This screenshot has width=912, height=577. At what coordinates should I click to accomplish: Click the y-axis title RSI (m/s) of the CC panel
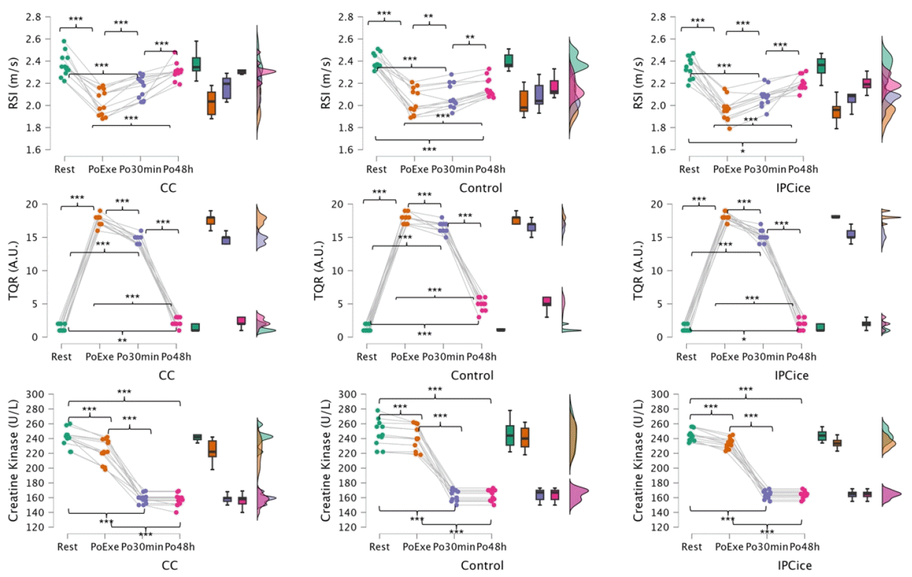[x=13, y=83]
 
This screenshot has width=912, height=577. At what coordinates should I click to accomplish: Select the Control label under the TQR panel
[x=472, y=375]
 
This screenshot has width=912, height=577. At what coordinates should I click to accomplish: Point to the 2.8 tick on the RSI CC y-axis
[x=33, y=17]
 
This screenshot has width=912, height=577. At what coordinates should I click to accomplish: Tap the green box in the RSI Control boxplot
[x=508, y=61]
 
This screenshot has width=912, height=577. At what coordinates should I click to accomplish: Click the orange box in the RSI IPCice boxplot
[x=836, y=112]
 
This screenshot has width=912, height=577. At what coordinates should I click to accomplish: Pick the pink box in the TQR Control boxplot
[x=547, y=301]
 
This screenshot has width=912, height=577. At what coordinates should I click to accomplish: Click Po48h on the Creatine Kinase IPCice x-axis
[x=804, y=547]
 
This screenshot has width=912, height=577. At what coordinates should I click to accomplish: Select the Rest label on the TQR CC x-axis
[x=61, y=357]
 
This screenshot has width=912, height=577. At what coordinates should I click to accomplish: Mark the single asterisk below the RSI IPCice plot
[x=742, y=151]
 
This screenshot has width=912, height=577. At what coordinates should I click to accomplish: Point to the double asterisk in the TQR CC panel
[x=122, y=340]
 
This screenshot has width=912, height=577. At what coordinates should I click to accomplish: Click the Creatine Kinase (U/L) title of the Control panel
[x=325, y=461]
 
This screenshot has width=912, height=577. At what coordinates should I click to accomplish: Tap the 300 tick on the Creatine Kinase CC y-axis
[x=34, y=394]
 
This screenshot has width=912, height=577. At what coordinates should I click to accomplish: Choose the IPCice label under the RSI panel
[x=793, y=188]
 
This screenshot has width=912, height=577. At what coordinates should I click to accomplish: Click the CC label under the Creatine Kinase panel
[x=170, y=566]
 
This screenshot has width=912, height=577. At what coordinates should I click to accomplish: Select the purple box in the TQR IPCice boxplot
[x=851, y=234]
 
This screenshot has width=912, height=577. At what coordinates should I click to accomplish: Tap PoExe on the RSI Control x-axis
[x=414, y=169]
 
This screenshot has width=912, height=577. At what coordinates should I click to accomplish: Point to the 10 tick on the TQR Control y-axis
[x=338, y=271]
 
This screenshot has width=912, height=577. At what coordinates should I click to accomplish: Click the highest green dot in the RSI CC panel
[x=64, y=41]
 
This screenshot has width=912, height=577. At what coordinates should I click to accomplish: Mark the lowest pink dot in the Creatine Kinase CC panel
[x=176, y=513]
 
